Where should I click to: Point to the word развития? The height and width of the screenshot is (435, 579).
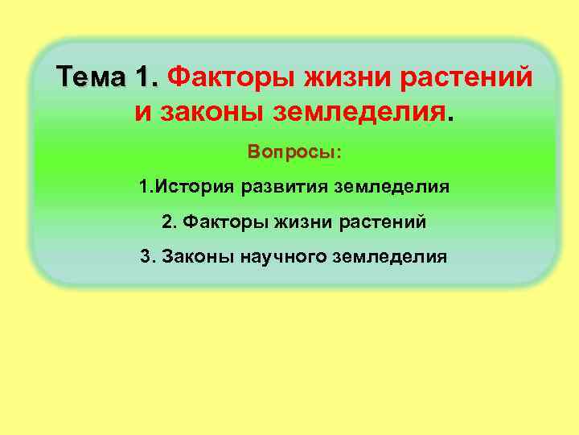(x=281, y=188)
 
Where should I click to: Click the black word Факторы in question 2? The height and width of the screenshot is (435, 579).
(x=214, y=222)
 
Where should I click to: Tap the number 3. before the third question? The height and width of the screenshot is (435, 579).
(x=146, y=257)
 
